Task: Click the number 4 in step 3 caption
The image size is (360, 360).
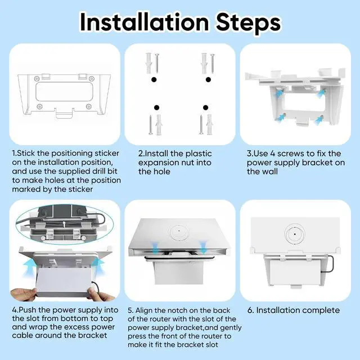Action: click(273, 153)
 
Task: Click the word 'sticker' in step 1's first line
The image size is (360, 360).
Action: click(105, 153)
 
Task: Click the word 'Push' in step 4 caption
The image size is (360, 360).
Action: click(30, 310)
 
